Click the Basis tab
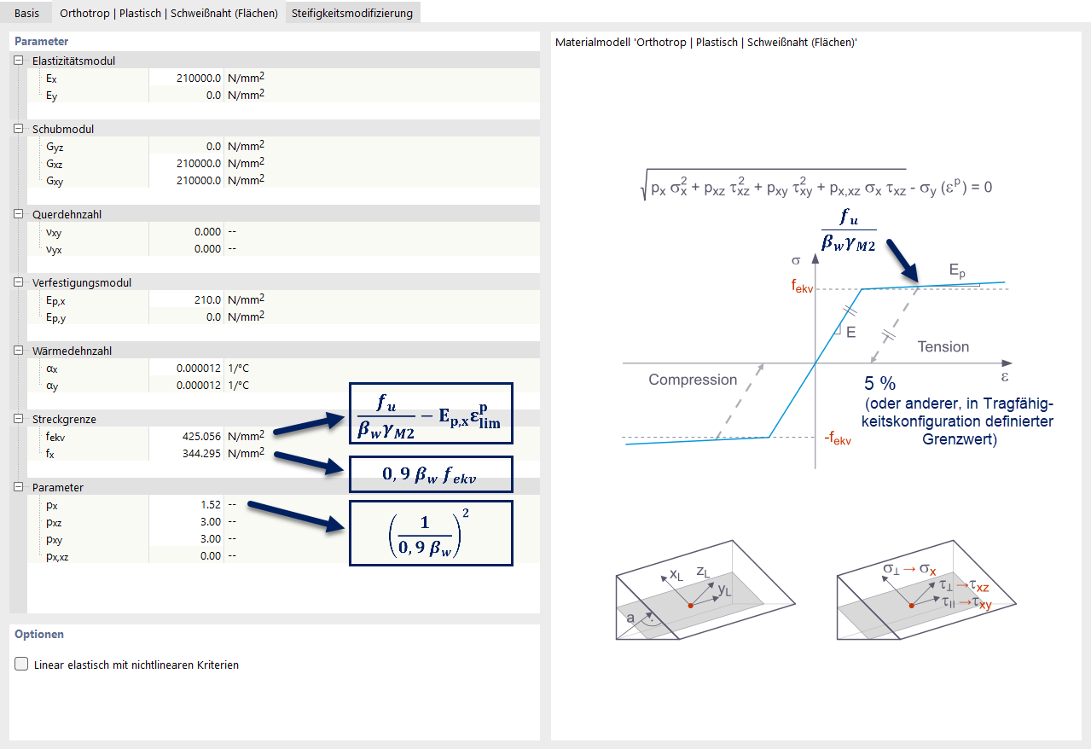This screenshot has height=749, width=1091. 26,13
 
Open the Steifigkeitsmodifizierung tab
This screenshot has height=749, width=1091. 351,13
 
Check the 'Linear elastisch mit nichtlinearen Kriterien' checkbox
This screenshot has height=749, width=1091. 21,665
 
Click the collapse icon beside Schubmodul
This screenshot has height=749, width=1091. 18,129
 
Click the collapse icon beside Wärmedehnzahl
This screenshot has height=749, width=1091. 18,351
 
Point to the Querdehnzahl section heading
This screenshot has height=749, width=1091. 67,214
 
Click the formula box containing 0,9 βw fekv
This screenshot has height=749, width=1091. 431,475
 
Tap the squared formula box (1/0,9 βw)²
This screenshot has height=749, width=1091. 431,533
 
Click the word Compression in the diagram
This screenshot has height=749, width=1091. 693,380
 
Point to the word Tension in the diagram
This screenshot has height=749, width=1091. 943,346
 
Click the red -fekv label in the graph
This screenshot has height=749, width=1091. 837,440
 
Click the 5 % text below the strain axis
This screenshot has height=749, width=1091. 879,383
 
